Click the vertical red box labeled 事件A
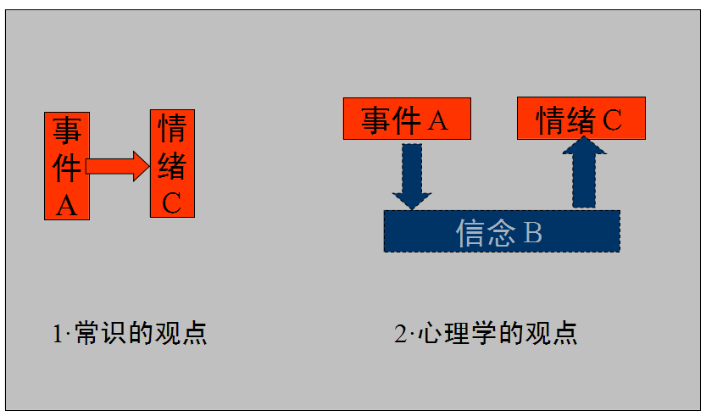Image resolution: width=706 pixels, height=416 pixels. pyautogui.click(x=66, y=164)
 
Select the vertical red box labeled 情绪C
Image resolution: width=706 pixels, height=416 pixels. pyautogui.click(x=172, y=163)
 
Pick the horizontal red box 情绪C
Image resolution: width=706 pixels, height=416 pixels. pyautogui.click(x=581, y=119)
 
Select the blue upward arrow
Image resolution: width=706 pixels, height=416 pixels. pyautogui.click(x=584, y=173)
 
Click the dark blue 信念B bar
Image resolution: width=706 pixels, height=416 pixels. pyautogui.click(x=501, y=231)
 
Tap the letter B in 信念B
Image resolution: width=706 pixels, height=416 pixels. pyautogui.click(x=532, y=232)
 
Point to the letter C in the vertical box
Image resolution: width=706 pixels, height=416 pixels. pyautogui.click(x=172, y=202)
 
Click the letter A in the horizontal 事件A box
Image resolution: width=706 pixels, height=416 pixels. pyautogui.click(x=437, y=120)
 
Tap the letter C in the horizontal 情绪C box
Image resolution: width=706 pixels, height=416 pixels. pyautogui.click(x=612, y=120)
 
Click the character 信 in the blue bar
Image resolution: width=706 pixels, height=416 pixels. pyautogui.click(x=471, y=232)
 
